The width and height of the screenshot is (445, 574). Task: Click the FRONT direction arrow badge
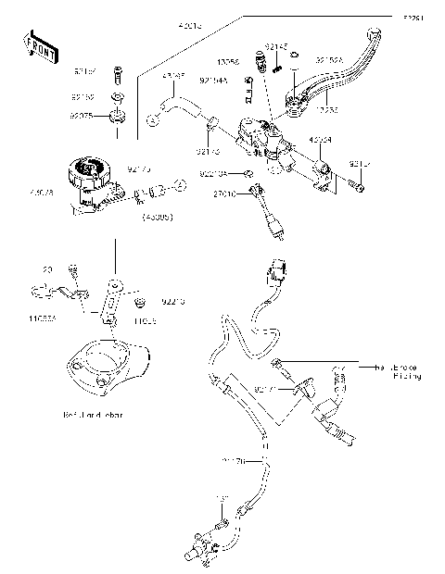pos(36,44)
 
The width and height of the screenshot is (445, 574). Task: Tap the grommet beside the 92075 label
pos(118,118)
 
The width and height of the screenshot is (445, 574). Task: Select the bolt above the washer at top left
pos(118,74)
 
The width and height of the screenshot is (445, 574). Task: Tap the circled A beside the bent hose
pos(153,119)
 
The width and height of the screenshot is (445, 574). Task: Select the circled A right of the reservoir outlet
pos(179,189)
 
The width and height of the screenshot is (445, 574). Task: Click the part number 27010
pos(225,194)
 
